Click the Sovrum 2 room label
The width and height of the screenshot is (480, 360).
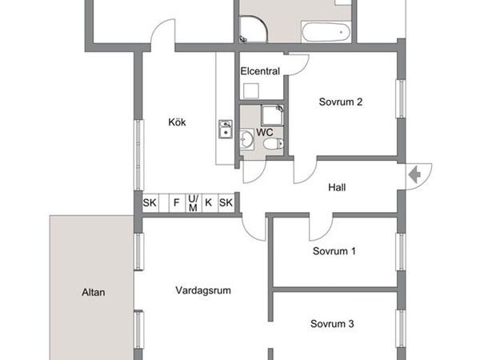point(341,102)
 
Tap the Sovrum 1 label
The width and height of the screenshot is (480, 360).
point(334,251)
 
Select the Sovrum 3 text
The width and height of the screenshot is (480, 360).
point(332,323)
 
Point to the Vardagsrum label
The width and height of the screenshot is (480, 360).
point(203,290)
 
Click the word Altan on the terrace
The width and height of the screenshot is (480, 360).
point(94,292)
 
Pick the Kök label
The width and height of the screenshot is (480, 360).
point(177,122)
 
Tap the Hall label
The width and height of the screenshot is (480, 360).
point(337,187)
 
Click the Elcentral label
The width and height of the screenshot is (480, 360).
point(260,71)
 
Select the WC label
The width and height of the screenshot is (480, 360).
point(265,133)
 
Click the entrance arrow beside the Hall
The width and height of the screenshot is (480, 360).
point(414,175)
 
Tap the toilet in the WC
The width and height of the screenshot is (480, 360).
point(274,143)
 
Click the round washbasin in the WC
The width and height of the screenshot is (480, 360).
point(246,140)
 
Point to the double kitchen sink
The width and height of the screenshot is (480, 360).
point(226,129)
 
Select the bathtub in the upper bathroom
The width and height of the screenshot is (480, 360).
point(326,32)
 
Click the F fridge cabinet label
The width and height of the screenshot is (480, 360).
point(176,202)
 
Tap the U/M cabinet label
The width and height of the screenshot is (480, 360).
point(193,203)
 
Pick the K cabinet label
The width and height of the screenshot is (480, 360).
point(209,202)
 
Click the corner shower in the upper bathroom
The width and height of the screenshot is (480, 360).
point(254,29)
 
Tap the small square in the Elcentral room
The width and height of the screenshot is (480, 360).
point(251,91)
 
